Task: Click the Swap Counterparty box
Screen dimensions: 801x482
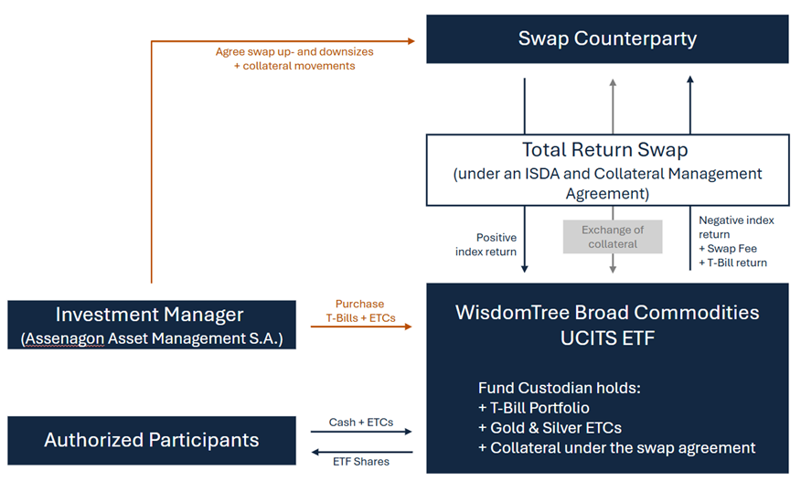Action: [607, 38]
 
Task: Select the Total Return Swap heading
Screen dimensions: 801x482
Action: [604, 150]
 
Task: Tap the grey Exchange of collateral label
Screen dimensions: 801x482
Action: [613, 237]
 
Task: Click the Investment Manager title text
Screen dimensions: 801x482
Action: [150, 315]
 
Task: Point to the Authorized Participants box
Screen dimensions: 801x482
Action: [152, 440]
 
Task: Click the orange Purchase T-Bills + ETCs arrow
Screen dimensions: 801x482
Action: [361, 327]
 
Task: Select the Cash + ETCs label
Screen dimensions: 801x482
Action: [360, 423]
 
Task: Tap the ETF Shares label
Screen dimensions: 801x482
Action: [360, 462]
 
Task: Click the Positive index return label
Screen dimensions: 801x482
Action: [486, 244]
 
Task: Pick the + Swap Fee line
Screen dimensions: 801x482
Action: [728, 249]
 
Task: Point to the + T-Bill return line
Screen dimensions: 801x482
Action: [733, 262]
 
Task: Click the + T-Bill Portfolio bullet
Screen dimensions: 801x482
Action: [534, 408]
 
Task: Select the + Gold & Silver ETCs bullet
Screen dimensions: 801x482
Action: [550, 428]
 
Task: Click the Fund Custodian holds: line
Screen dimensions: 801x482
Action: [560, 388]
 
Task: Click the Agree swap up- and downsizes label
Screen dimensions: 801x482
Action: [294, 51]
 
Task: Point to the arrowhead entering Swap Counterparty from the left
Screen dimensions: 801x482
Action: [411, 41]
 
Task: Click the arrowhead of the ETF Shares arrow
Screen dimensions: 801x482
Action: [315, 453]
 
